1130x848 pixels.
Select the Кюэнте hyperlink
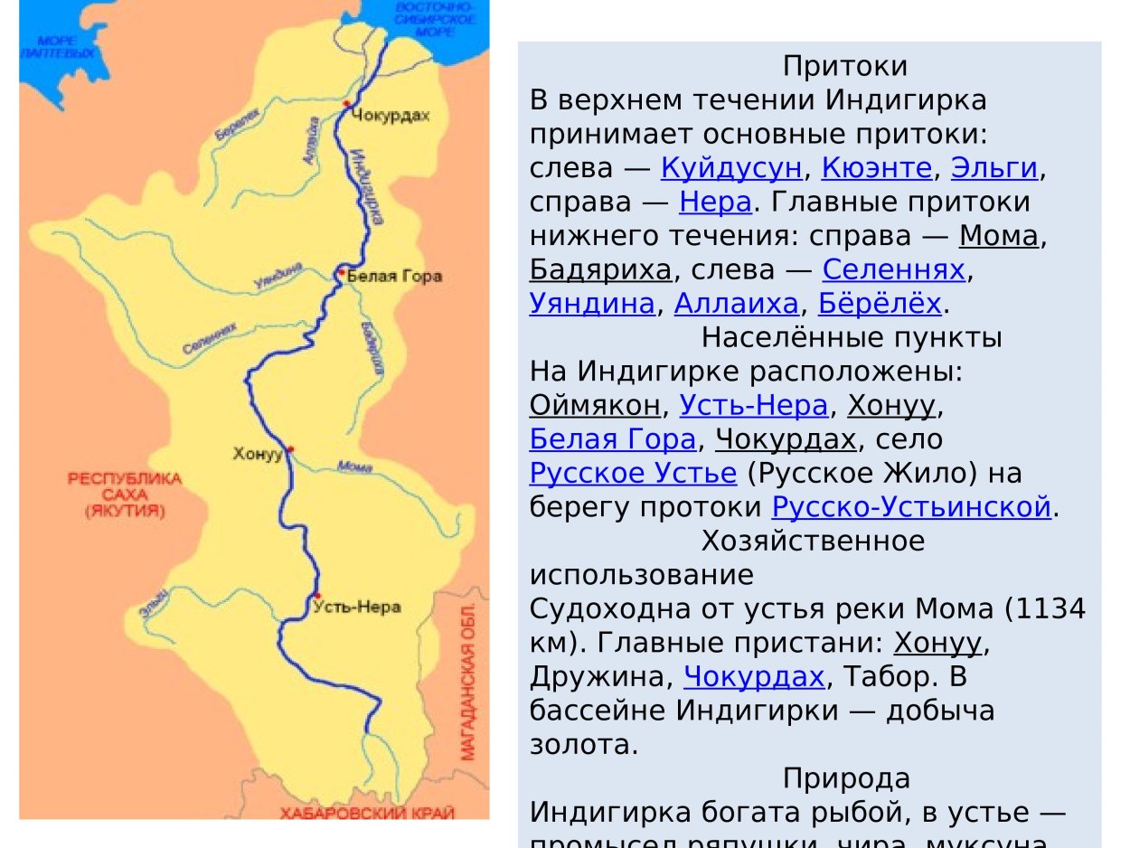coord(876,167)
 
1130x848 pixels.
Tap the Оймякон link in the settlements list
coord(595,405)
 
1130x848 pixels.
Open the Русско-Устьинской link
coord(912,506)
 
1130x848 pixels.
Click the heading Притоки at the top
coord(845,66)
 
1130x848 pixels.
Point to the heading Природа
coord(846,777)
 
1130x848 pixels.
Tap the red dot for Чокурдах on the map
coord(346,105)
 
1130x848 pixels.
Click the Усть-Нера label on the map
coord(356,607)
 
